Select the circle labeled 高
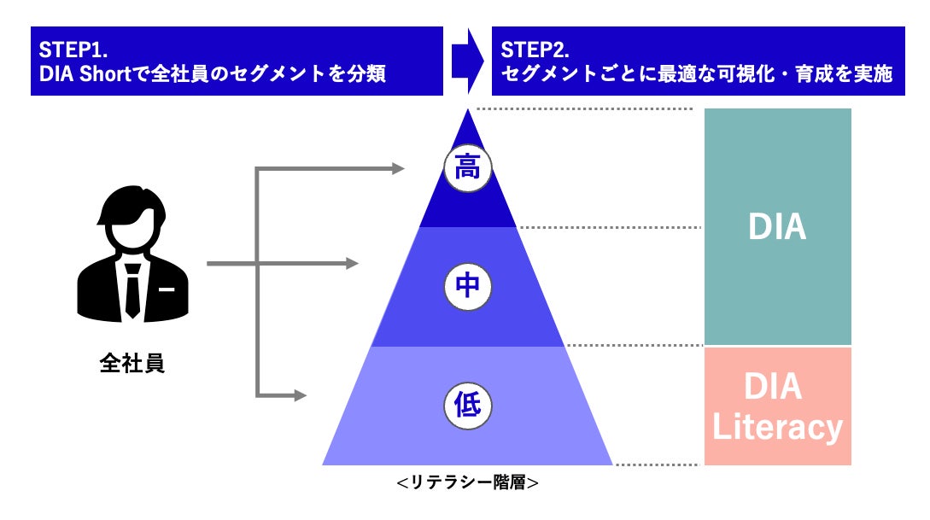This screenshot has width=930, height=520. click(x=467, y=167)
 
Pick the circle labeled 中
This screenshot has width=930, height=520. click(x=467, y=286)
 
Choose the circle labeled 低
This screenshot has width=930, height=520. click(x=467, y=405)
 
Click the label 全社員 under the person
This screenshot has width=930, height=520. click(x=132, y=364)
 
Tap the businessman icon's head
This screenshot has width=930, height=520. click(x=132, y=219)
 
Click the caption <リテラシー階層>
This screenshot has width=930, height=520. click(x=467, y=483)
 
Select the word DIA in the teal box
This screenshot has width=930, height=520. click(x=777, y=227)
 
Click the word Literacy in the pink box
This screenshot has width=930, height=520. click(x=777, y=427)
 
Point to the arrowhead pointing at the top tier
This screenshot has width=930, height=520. click(x=397, y=168)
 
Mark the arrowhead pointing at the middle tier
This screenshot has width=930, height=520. click(x=352, y=264)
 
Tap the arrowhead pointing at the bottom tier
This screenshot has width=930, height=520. click(x=300, y=395)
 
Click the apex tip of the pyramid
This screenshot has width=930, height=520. click(x=467, y=112)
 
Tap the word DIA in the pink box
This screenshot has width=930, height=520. click(x=774, y=387)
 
